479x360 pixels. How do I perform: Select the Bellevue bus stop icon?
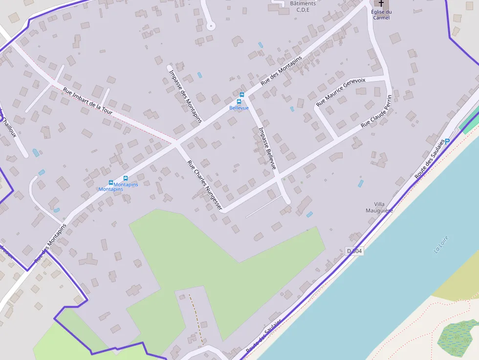[241, 95]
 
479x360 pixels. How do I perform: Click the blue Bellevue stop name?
[239, 108]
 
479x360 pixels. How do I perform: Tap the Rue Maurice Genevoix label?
[341, 92]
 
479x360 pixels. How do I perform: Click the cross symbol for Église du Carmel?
[381, 3]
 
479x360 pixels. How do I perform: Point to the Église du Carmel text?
[381, 15]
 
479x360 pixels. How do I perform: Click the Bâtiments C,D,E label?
[303, 6]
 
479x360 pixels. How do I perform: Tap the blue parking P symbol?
[447, 141]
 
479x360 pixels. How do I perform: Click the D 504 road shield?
[355, 251]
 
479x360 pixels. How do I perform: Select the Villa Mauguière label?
[380, 208]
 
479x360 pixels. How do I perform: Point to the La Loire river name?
[441, 244]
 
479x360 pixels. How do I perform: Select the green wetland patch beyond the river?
[457, 337]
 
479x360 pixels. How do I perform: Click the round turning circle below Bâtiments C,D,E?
[211, 25]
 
